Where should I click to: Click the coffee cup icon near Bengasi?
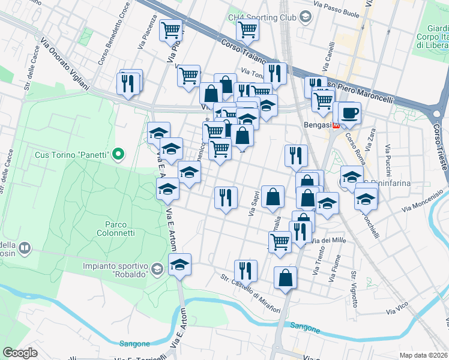(349, 112)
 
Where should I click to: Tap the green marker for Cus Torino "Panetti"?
(118, 155)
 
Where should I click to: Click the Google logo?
(20, 353)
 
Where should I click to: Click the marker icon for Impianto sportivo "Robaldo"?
(157, 268)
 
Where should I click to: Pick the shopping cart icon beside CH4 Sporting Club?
(247, 28)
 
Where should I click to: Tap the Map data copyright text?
(423, 355)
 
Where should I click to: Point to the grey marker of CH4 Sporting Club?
(305, 17)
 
